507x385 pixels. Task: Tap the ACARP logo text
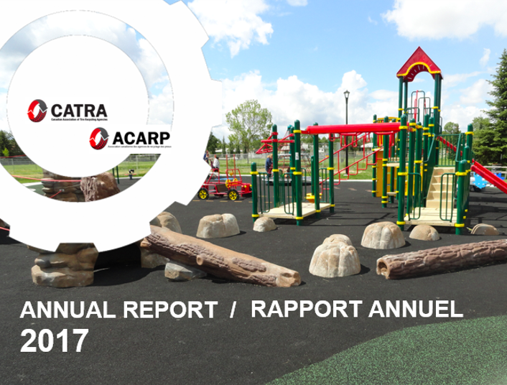coord(141,136)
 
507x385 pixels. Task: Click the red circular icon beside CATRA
coord(38,111)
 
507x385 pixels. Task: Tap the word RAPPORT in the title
coord(301,310)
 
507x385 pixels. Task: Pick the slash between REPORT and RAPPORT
coord(232,310)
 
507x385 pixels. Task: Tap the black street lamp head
coord(346,96)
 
